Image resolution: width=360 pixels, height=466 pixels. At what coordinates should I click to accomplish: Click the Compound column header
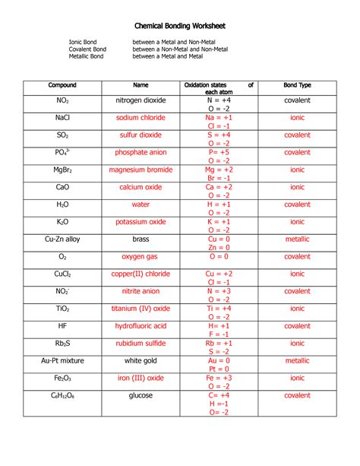coord(62,85)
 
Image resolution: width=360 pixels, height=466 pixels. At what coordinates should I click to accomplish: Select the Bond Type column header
coord(297,85)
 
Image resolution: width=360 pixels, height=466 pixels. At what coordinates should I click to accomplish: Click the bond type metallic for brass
coord(297,239)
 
